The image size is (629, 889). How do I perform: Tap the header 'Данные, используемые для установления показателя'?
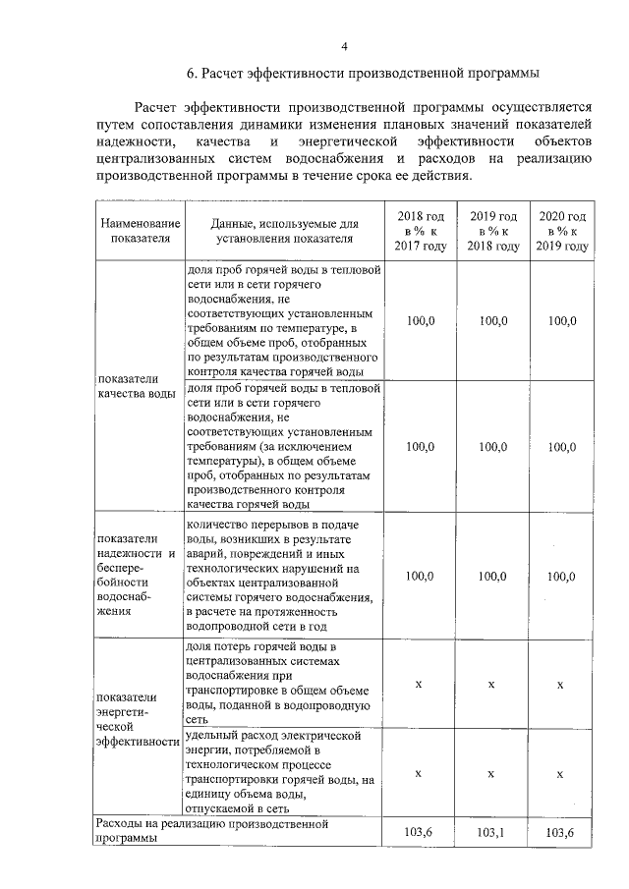[x=285, y=230]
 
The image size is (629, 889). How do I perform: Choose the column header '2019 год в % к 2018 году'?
[x=492, y=230]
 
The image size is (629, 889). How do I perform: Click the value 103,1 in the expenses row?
[x=492, y=832]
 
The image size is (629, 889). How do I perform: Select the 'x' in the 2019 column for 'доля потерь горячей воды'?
[x=492, y=683]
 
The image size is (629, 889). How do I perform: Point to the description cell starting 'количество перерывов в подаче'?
[x=285, y=575]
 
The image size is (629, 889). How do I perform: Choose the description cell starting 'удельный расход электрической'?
[x=285, y=772]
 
